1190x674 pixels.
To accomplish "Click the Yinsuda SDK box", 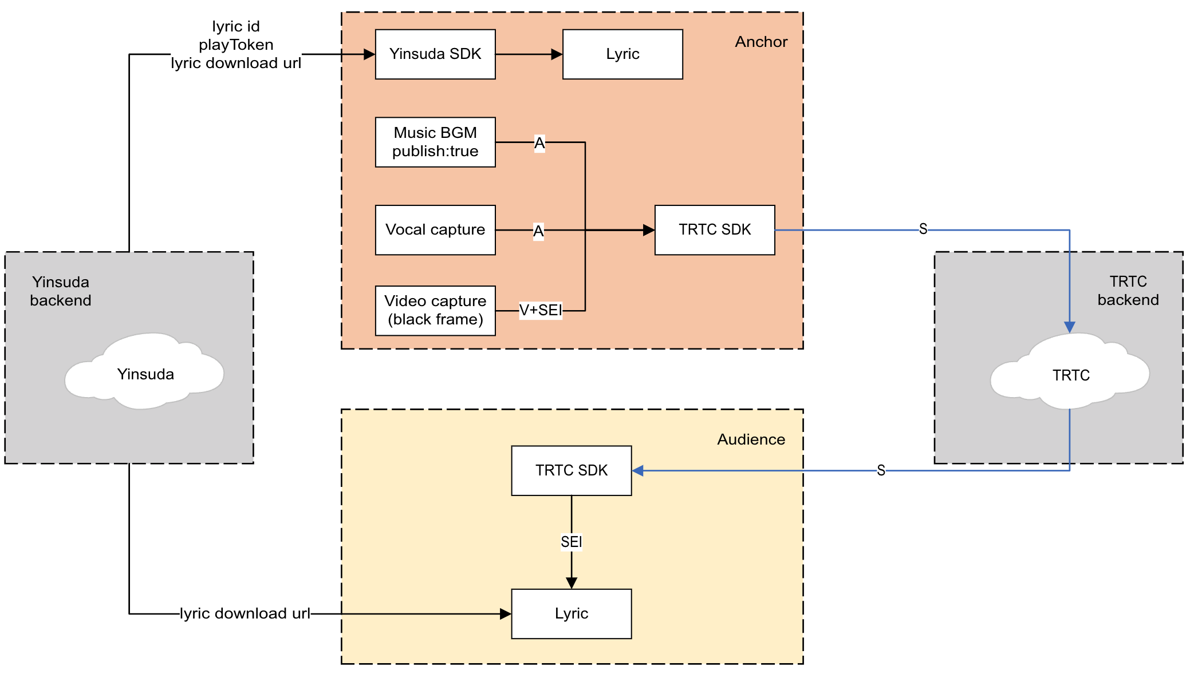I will (435, 54).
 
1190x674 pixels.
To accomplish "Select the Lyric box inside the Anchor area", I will (622, 54).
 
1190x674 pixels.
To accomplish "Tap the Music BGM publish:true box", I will (435, 142).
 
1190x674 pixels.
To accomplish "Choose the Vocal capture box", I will (435, 230).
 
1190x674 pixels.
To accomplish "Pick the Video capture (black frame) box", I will (435, 311).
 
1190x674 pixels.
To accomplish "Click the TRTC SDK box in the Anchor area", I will (715, 230).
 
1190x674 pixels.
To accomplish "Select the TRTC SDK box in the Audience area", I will (572, 471).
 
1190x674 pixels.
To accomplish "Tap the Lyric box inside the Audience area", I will (572, 614).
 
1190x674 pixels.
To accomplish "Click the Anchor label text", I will (761, 42).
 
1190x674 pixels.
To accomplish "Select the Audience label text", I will (751, 439).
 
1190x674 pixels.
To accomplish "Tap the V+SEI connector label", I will (541, 310).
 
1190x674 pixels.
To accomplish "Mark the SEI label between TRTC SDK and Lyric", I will (572, 542).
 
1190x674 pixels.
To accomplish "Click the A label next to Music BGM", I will (539, 143).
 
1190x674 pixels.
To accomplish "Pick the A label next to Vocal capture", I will (538, 231).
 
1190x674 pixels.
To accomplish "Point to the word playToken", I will (236, 45).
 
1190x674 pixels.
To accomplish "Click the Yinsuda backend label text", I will (61, 291).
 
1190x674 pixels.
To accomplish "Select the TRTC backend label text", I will (1128, 291).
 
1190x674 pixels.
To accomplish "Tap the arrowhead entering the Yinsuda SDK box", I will (369, 54).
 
